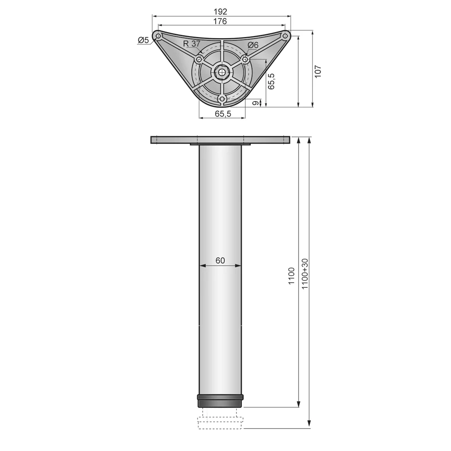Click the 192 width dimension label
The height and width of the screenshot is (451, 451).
pos(221,12)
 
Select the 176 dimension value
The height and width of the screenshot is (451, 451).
pos(220,21)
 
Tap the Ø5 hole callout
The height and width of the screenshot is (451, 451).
pos(143,40)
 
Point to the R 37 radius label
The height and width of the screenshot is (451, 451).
pos(192,44)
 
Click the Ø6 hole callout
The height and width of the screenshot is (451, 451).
pos(253,45)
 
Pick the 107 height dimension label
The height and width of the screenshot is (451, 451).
pos(318,71)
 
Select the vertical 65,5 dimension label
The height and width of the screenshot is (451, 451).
pos(271,81)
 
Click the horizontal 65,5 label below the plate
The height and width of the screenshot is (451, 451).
pos(223,114)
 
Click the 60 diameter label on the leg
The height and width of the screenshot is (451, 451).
pos(220,260)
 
